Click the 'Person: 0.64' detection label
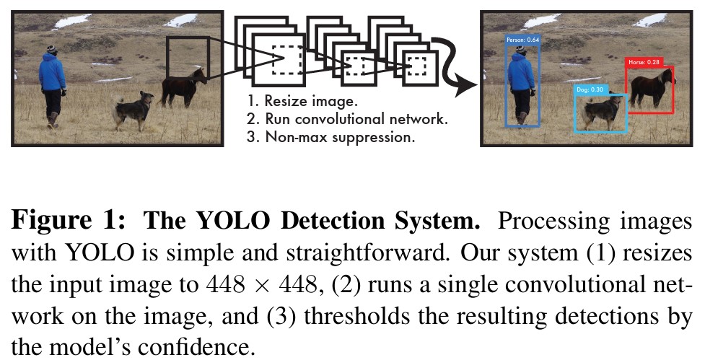click(x=522, y=40)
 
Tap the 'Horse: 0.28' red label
click(x=644, y=62)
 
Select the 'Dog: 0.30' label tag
click(x=590, y=90)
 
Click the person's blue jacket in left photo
click(x=52, y=73)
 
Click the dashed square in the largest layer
click(x=287, y=60)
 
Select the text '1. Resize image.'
click(x=302, y=100)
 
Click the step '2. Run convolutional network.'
click(x=347, y=118)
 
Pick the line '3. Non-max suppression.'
click(x=330, y=136)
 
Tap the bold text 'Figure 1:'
click(x=67, y=220)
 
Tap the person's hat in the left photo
click(x=52, y=49)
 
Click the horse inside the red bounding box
click(x=651, y=89)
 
